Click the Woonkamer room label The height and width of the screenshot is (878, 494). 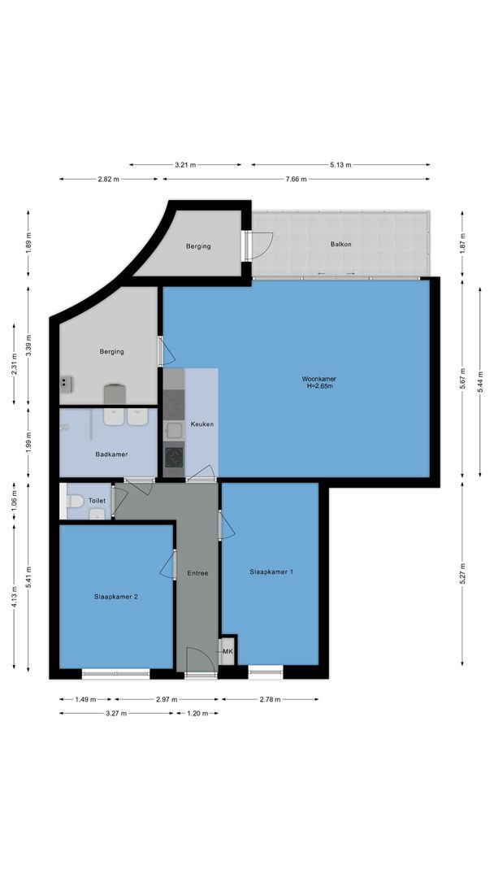tap(318, 379)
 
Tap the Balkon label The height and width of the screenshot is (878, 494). tap(340, 244)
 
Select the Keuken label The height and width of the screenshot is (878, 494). tap(201, 424)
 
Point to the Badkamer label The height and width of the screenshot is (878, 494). tap(111, 454)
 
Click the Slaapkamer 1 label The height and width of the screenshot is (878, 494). tap(271, 572)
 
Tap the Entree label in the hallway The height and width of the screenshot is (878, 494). tap(197, 573)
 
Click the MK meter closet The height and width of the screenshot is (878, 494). tap(227, 651)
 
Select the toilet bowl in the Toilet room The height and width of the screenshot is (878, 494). tap(74, 502)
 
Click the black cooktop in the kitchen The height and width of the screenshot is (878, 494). tap(174, 455)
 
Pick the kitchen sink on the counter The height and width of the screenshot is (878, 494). tap(174, 429)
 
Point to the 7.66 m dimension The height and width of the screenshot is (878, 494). tap(297, 180)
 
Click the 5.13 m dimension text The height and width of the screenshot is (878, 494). tap(340, 165)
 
